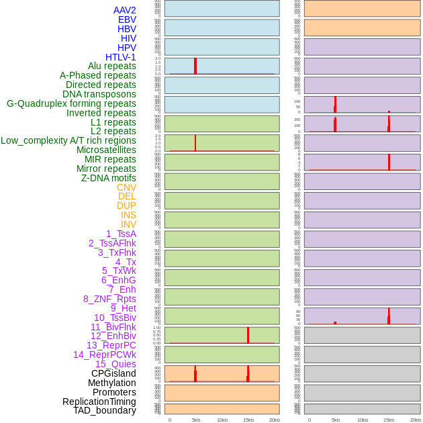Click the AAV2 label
click(124, 10)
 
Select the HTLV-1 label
click(120, 57)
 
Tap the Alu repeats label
click(111, 66)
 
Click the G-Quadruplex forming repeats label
click(71, 103)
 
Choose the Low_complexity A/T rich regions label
click(68, 140)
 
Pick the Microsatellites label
click(106, 150)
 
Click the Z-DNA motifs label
click(108, 178)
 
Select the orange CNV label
click(126, 187)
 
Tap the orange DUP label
click(126, 205)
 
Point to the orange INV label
click(128, 224)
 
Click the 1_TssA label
click(121, 234)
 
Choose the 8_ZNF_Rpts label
click(109, 299)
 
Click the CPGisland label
click(113, 373)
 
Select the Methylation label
click(111, 383)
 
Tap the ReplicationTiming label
click(99, 402)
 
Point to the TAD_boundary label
click(105, 410)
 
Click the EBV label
click(127, 19)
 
